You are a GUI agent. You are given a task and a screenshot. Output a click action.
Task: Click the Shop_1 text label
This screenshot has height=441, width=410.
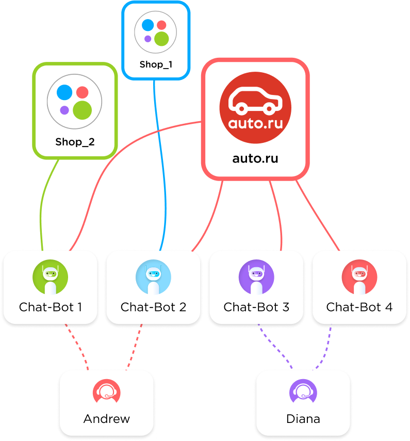coord(156,65)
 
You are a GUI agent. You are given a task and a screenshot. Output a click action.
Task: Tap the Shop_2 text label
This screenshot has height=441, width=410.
coord(75,142)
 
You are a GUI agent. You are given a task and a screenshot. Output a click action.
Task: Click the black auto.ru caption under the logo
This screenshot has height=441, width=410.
coord(255,158)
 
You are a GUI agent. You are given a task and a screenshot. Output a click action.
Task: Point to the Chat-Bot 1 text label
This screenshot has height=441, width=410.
coord(51,307)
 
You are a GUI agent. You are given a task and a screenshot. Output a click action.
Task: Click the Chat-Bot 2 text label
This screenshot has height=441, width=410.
coord(153,307)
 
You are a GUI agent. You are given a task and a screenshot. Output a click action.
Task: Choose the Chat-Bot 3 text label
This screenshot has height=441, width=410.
coord(256,307)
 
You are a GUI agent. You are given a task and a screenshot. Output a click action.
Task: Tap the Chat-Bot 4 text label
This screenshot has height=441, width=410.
coord(359,307)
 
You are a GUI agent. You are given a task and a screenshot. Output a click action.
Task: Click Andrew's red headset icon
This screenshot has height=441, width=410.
coord(107,392)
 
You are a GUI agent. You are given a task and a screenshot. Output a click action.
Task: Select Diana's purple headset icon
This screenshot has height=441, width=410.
coord(303,392)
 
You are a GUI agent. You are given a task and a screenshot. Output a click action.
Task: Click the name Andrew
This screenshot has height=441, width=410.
coord(107,419)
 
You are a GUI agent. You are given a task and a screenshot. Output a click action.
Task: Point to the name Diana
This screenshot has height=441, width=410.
coord(303,419)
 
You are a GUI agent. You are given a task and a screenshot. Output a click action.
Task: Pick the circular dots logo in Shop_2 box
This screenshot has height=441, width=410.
coord(75,101)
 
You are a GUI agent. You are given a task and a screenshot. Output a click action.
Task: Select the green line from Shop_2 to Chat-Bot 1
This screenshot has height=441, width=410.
coord(45,206)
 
